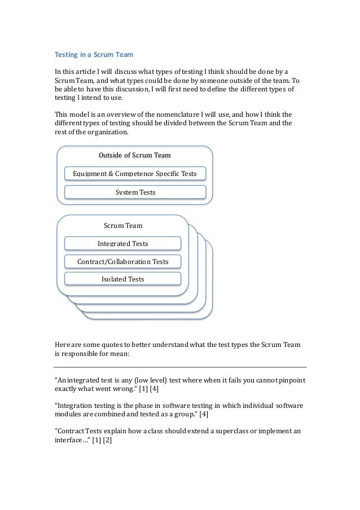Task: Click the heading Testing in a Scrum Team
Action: [93, 55]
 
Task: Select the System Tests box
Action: [135, 192]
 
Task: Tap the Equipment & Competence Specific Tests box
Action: [135, 173]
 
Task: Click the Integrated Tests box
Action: [122, 244]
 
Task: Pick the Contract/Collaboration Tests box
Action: [122, 262]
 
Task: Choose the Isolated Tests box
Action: [122, 279]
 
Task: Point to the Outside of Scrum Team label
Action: [135, 155]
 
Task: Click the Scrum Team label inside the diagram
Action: [122, 226]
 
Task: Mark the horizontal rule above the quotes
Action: [180, 366]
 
